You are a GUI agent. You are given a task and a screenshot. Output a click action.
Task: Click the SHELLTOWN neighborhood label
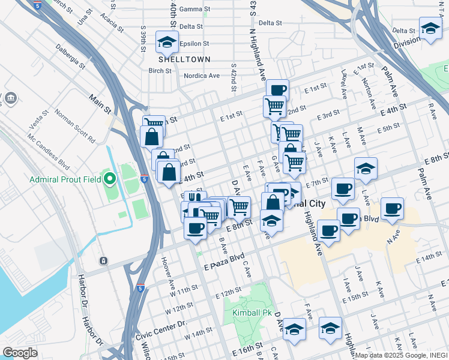184,59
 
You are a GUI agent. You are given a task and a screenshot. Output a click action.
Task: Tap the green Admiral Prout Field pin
109,178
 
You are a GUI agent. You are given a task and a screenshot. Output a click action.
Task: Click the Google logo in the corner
20,353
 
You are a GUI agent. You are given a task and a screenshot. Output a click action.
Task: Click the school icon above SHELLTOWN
164,42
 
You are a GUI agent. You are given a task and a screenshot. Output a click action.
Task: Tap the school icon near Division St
430,28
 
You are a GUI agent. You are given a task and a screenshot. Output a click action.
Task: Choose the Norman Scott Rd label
75,125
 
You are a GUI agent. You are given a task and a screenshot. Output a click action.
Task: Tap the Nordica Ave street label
202,76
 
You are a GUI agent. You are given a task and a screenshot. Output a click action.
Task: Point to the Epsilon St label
194,44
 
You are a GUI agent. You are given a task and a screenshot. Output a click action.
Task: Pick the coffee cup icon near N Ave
392,209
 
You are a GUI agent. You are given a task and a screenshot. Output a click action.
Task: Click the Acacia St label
112,23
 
